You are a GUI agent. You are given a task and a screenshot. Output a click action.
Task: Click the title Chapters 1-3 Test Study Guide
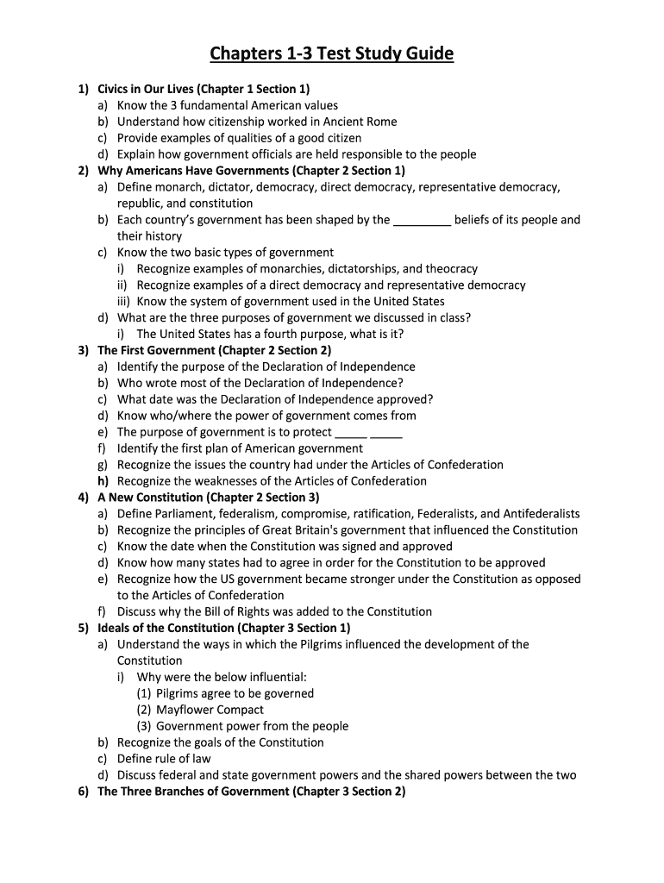click(x=332, y=54)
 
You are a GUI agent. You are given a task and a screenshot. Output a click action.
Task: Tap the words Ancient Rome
click(x=358, y=122)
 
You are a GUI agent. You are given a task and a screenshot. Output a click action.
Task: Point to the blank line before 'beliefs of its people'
click(x=422, y=220)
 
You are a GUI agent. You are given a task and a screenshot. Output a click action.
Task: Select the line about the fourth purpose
click(x=270, y=334)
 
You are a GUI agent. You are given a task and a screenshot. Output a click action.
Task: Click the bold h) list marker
click(x=103, y=481)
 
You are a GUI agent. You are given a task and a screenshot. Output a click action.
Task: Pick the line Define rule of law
click(x=164, y=759)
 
